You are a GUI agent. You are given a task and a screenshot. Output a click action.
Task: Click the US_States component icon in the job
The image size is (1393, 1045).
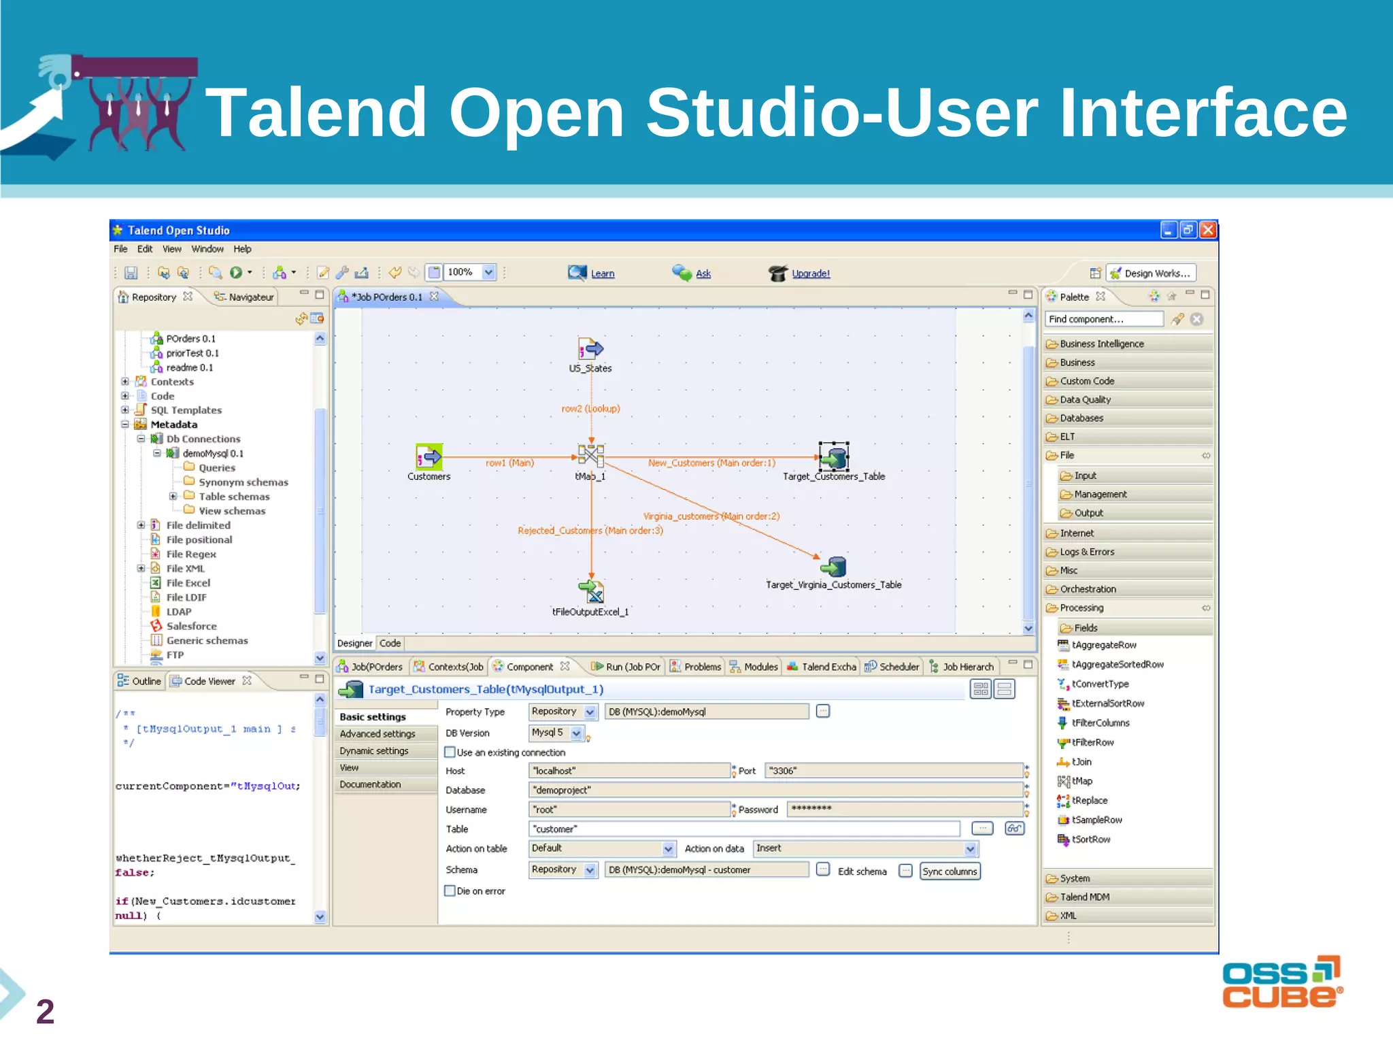[x=590, y=349]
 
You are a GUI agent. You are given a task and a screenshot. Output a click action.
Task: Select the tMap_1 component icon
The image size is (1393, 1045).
[x=590, y=454]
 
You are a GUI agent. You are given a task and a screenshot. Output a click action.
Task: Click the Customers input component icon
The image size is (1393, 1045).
[x=429, y=457]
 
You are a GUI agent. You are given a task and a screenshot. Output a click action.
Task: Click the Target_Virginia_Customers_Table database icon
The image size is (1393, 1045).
[x=834, y=566]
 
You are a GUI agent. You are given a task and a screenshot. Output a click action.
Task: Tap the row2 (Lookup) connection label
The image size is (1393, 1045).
[x=590, y=409]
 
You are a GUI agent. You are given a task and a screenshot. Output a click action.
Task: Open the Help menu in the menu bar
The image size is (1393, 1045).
[x=242, y=249]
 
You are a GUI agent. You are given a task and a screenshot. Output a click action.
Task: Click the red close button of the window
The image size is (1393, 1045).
[x=1208, y=230]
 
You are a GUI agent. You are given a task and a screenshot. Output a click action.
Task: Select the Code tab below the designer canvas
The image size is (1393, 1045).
[x=390, y=643]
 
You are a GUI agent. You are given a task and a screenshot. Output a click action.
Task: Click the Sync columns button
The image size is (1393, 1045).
[x=950, y=872]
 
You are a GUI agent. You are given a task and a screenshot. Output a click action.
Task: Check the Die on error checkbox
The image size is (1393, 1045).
[x=450, y=891]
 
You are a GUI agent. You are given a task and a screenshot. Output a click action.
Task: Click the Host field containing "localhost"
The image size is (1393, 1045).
[x=628, y=771]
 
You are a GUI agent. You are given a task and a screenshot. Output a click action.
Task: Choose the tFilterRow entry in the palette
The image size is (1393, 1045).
[x=1092, y=742]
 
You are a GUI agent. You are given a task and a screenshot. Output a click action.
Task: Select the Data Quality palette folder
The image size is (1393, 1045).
[x=1085, y=399]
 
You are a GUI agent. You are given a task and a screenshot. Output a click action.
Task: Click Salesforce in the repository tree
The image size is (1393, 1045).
[x=191, y=626]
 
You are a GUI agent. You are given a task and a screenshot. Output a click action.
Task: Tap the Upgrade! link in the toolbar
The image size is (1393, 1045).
[x=811, y=273]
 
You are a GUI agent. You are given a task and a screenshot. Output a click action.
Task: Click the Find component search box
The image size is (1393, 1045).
[x=1104, y=319]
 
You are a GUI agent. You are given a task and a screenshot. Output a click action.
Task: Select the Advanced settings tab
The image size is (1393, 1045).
[x=377, y=733]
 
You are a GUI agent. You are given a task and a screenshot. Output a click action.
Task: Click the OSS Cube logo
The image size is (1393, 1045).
[x=1282, y=982]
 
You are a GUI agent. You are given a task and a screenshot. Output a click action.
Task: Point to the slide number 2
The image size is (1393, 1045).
[x=45, y=1012]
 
